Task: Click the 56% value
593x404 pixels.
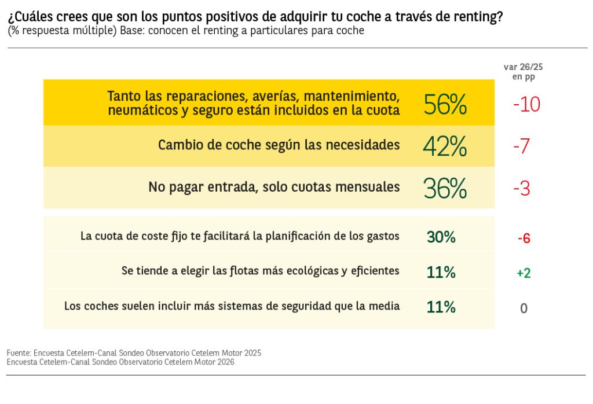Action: click(445, 105)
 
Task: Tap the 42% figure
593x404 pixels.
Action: click(445, 146)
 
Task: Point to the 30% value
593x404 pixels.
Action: click(441, 237)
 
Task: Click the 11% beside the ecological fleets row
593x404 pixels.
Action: click(441, 272)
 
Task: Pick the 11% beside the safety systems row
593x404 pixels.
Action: click(441, 307)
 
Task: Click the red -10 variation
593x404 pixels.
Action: click(526, 105)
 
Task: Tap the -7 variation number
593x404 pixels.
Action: click(522, 146)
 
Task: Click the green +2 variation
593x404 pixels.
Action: click(524, 273)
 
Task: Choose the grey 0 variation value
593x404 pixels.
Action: click(524, 308)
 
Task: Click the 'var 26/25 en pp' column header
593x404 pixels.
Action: click(523, 72)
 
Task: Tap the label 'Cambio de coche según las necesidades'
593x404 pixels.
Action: click(279, 145)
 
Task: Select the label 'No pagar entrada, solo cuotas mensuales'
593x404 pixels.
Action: click(274, 187)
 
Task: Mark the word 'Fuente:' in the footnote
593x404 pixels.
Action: click(19, 352)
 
